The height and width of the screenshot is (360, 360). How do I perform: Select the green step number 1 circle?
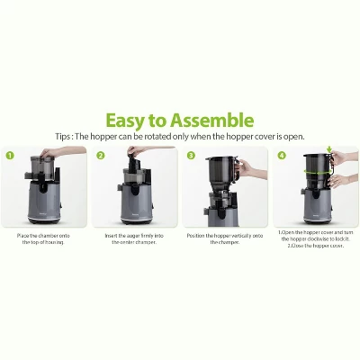coord(13,154)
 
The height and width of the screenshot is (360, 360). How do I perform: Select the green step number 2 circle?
coord(102,154)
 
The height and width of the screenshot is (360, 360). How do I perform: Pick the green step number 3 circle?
coord(191,154)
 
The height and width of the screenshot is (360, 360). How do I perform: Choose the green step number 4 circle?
coord(280,154)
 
